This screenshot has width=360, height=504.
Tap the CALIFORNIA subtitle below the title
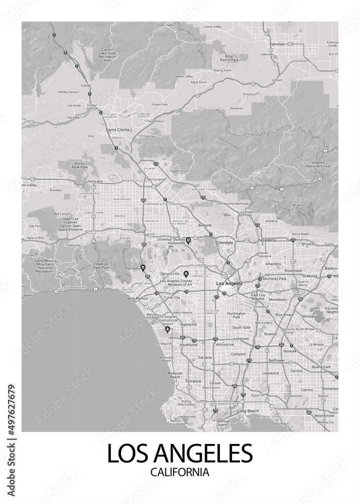pos(179,473)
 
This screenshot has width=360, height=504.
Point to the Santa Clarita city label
pos(117,130)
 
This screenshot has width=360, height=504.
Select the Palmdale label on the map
pos(277,44)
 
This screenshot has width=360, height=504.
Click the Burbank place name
pos(205,225)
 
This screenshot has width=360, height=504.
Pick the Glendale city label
pos(225,242)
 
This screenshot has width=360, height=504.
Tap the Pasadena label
pos(266,240)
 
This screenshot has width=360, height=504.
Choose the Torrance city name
pos(193,381)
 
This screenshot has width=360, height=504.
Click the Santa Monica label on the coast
pos(136,298)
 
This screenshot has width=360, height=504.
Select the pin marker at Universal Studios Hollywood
pos(188,240)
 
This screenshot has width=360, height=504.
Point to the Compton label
pos(238,354)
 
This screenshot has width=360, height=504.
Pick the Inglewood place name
pos(188,325)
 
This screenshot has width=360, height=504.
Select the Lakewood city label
pos(270,373)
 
